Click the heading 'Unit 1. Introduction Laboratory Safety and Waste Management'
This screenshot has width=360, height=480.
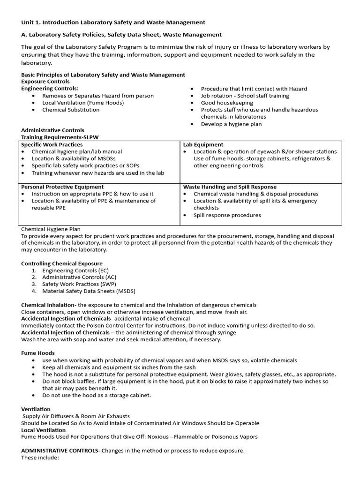[113, 22]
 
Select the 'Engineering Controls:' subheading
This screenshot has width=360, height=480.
[50, 89]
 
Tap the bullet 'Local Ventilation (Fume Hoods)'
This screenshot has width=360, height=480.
[83, 103]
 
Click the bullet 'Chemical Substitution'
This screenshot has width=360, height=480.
[71, 110]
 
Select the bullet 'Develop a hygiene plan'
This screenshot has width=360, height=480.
[231, 124]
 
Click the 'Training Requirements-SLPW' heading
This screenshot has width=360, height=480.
[60, 137]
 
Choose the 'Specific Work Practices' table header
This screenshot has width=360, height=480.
[52, 145]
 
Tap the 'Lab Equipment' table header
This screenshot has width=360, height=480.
[203, 145]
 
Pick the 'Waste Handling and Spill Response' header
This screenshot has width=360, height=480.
[230, 187]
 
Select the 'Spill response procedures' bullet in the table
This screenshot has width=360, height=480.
[227, 215]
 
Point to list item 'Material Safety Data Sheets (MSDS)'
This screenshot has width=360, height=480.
[89, 291]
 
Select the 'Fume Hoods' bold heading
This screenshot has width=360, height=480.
[38, 353]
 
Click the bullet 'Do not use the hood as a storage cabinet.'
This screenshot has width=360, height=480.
[97, 395]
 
